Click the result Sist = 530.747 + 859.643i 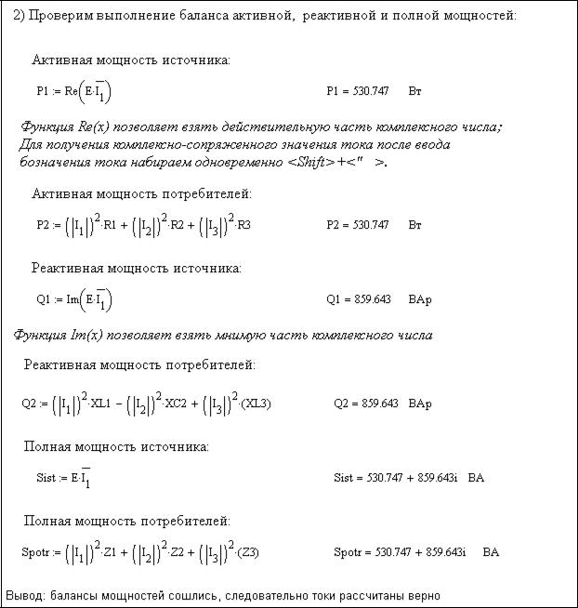point(395,478)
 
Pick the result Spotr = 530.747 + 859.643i point(400,552)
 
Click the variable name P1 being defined point(44,92)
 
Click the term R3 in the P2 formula point(243,225)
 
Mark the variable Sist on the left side point(47,478)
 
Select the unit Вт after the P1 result point(414,92)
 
